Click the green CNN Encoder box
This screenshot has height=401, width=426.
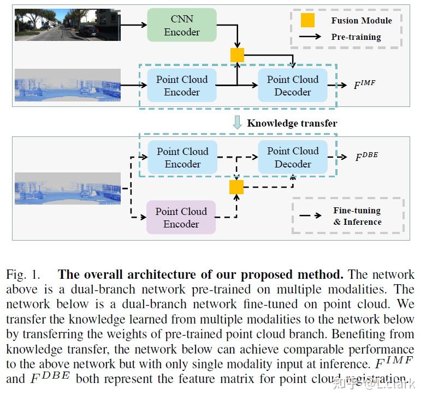[x=182, y=26]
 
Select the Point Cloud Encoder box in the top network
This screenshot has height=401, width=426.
[x=182, y=86]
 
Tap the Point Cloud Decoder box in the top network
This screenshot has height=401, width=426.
[x=292, y=86]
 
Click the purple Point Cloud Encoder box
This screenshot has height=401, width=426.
[x=181, y=217]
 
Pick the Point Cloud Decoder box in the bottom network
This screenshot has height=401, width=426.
[x=292, y=157]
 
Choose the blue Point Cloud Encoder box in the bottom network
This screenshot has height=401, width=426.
[x=182, y=157]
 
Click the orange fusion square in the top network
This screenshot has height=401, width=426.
[x=237, y=55]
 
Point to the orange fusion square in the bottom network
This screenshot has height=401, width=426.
[x=236, y=187]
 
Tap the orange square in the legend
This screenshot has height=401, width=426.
[x=308, y=21]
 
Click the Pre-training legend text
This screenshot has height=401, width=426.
[x=356, y=37]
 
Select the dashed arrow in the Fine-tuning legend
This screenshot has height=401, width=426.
[x=310, y=216]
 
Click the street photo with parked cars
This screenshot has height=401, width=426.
[x=67, y=25]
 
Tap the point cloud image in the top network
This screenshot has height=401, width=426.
[x=67, y=85]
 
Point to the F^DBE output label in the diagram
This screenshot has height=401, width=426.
[x=366, y=157]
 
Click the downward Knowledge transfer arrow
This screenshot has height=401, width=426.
[x=237, y=122]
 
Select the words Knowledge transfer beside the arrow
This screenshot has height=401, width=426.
[x=292, y=123]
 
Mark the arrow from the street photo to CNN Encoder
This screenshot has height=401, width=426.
[x=134, y=25]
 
